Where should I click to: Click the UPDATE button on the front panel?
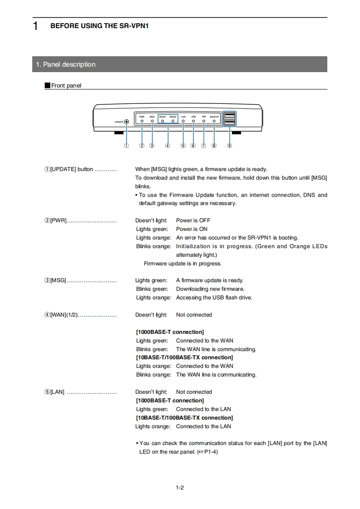pyautogui.click(x=126, y=122)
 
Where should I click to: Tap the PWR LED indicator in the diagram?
pyautogui.click(x=142, y=122)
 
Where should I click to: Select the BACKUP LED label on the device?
pyautogui.click(x=214, y=117)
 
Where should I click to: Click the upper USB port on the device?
pyautogui.click(x=230, y=115)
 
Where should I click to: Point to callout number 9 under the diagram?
pyautogui.click(x=230, y=146)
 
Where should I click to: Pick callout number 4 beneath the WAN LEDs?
pyautogui.click(x=168, y=146)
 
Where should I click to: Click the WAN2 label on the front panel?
pyautogui.click(x=173, y=117)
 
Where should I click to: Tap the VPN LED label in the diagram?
pyautogui.click(x=193, y=117)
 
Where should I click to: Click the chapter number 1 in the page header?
pyautogui.click(x=35, y=26)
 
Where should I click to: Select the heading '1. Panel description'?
pyautogui.click(x=66, y=64)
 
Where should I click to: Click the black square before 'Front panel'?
pyautogui.click(x=47, y=85)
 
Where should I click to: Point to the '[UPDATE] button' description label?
pyautogui.click(x=71, y=169)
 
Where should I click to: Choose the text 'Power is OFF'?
pyautogui.click(x=193, y=220)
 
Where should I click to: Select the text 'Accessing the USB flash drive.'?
pyautogui.click(x=214, y=298)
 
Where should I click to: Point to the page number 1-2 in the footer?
pyautogui.click(x=180, y=488)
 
